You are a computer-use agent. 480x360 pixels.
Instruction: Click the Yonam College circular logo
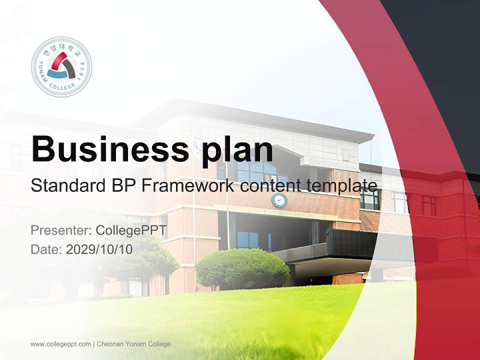61,66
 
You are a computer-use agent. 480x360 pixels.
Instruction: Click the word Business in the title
106,149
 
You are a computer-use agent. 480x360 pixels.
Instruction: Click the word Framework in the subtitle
187,186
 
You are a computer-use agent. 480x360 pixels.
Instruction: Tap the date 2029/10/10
99,249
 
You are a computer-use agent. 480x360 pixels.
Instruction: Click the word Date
45,249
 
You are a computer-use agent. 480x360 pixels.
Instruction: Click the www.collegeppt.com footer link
60,344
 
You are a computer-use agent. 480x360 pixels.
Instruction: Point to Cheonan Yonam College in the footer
133,344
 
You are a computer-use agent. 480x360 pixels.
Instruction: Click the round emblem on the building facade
279,200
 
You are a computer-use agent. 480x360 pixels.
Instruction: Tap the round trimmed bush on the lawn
242,269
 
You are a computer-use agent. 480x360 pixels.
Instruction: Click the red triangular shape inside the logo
58,61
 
